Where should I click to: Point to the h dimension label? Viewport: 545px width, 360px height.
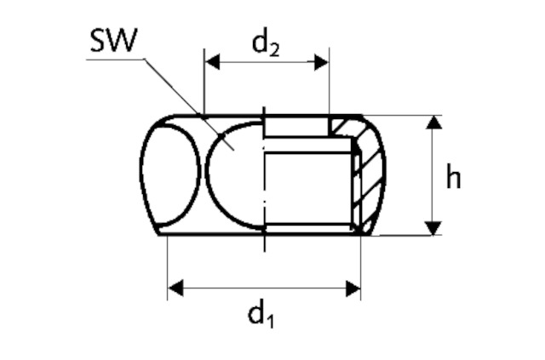454,178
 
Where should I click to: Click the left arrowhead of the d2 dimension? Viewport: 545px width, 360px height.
210,62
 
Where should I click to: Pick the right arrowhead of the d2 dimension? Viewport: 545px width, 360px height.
323,62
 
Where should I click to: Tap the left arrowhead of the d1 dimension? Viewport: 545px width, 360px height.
175,289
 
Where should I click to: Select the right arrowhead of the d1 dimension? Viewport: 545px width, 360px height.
353,289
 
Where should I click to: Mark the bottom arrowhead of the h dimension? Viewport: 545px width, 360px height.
434,228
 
